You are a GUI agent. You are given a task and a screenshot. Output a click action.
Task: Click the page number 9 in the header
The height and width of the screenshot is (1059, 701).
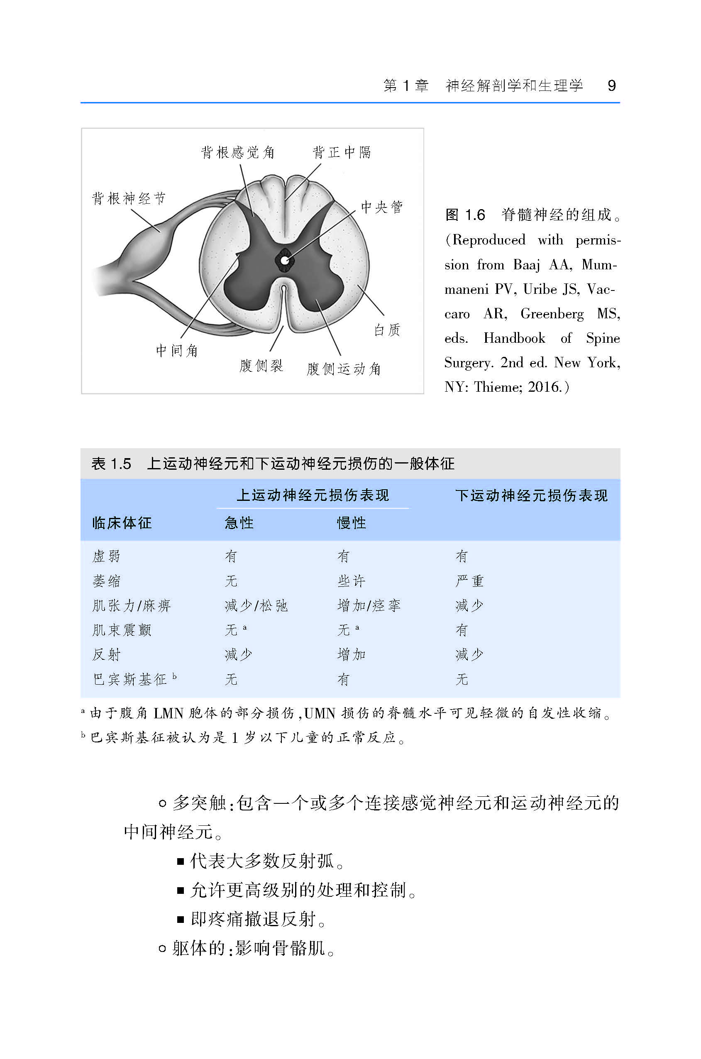612,85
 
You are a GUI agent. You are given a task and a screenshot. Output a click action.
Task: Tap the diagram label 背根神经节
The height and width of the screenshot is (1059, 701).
129,198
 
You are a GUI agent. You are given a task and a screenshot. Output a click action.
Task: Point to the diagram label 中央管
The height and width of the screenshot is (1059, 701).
381,207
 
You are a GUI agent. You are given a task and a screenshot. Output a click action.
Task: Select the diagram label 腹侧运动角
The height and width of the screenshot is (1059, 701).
343,369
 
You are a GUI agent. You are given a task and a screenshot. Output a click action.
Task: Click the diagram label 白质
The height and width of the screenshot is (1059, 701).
387,330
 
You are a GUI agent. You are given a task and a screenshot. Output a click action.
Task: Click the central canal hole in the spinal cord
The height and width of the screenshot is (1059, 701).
284,260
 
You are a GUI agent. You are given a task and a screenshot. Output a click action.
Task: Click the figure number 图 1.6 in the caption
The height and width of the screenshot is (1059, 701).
465,215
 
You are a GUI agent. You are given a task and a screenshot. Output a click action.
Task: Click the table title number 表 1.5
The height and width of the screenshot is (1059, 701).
111,464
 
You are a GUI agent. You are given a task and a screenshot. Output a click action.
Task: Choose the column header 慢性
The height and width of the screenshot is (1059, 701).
352,522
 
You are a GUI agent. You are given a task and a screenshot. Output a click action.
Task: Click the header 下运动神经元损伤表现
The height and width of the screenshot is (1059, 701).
532,495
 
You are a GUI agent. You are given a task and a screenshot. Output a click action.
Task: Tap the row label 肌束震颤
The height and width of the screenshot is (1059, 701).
122,630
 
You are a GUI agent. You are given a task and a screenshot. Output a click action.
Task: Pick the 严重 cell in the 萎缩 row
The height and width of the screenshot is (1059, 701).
469,581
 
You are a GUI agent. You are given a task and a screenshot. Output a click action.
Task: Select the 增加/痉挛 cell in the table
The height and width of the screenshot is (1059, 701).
369,605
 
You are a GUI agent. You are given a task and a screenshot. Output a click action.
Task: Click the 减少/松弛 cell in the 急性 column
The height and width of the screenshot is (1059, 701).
256,605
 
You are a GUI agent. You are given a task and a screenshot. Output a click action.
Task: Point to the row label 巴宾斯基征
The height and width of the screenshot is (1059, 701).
129,679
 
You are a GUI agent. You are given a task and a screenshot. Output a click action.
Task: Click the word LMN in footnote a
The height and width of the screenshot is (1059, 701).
168,713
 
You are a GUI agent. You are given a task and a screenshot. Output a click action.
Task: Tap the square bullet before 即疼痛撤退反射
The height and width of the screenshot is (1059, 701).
181,920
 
